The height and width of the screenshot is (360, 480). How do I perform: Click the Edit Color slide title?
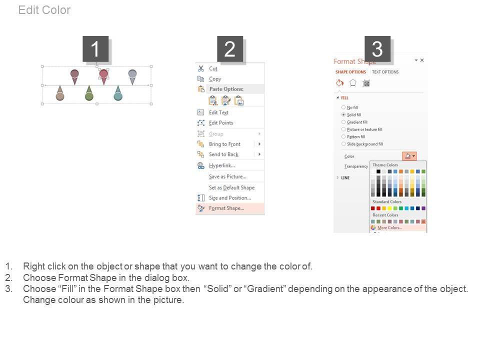[44, 10]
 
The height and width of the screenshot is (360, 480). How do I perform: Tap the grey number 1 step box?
[95, 48]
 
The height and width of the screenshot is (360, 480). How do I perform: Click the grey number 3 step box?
[377, 48]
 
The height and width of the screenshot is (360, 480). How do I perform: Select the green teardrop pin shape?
[89, 93]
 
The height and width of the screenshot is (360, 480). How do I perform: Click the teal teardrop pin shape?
[118, 93]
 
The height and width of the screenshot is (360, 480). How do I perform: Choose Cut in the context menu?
[213, 68]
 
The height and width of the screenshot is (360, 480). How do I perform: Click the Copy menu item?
[215, 79]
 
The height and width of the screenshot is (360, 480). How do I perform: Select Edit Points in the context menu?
[221, 123]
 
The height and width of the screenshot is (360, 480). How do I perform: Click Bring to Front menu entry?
[224, 144]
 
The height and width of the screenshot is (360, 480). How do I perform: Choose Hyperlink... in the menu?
[222, 165]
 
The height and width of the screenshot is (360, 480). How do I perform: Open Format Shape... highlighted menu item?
[226, 208]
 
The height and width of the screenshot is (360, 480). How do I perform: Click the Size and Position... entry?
[230, 198]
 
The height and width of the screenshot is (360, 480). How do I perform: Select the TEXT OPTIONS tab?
[385, 72]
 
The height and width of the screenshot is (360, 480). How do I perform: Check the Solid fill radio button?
[343, 114]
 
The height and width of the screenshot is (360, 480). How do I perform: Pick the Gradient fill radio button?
[343, 122]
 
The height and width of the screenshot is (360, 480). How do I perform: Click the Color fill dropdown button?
[409, 156]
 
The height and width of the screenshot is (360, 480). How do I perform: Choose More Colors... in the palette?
[389, 228]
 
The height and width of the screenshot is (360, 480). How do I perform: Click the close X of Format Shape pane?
[422, 60]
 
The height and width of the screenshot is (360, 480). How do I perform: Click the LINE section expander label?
[345, 178]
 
